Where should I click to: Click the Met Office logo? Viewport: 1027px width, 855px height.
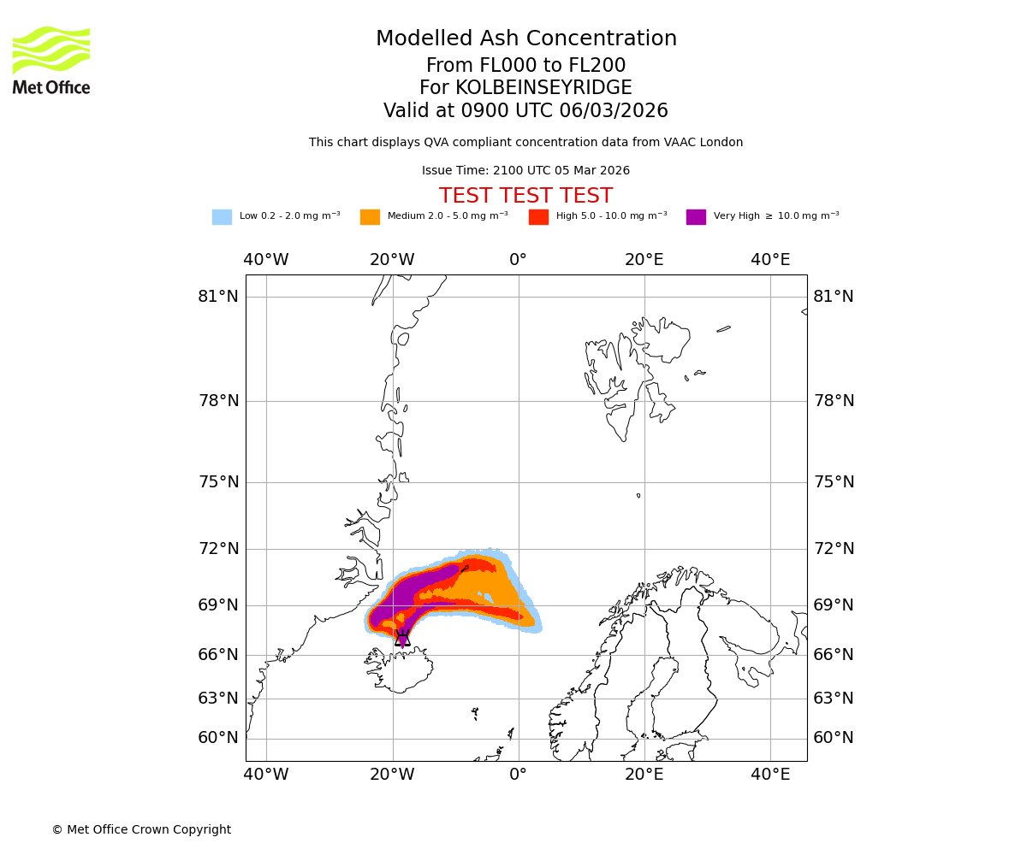tap(51, 60)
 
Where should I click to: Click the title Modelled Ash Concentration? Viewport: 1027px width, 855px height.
tap(526, 39)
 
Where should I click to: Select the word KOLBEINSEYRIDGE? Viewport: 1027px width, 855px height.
tap(543, 88)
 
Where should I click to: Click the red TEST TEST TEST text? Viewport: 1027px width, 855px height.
tap(525, 196)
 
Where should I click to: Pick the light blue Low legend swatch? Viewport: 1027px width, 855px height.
tap(222, 217)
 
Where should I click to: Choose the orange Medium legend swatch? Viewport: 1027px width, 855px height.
tap(370, 217)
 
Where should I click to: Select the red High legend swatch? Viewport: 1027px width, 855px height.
tap(538, 217)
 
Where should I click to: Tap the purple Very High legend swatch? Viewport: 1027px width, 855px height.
tap(696, 217)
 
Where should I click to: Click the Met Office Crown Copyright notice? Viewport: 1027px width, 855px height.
tap(141, 830)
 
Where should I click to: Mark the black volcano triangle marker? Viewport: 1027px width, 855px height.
tap(402, 639)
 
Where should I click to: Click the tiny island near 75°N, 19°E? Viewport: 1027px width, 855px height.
tap(638, 495)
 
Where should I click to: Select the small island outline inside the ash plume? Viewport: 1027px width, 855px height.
tap(464, 568)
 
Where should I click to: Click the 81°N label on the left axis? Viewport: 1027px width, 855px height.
tap(218, 297)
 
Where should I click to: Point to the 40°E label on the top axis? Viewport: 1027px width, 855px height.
tap(770, 260)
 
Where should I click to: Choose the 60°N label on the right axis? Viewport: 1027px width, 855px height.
tap(833, 738)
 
